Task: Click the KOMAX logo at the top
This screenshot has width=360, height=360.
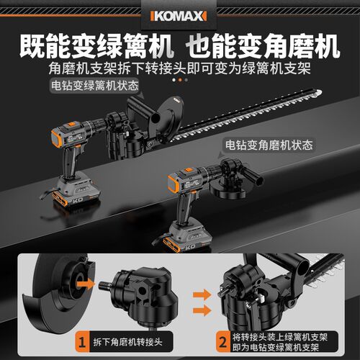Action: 179,16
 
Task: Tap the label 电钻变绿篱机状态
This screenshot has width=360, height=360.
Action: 95,85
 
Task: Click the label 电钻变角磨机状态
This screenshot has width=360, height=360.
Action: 269,145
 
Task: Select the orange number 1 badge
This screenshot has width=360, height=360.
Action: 82,342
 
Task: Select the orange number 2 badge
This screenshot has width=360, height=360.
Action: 223,342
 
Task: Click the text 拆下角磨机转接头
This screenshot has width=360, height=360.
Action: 127,342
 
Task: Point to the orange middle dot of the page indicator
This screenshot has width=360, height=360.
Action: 180,80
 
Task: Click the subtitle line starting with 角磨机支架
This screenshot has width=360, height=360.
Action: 179,68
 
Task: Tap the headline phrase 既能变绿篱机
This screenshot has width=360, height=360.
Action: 96,45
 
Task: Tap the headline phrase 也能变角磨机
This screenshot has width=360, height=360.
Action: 263,45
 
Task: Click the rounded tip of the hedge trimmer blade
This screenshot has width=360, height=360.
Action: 319,92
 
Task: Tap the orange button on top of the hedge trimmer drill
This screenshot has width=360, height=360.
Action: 72,125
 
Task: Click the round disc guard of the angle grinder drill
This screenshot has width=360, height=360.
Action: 228,191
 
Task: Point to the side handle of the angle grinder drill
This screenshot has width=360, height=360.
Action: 253,175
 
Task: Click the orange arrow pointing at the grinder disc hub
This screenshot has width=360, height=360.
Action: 86,284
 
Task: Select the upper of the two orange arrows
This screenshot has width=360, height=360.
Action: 202,294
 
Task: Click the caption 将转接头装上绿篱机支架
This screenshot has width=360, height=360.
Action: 280,337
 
